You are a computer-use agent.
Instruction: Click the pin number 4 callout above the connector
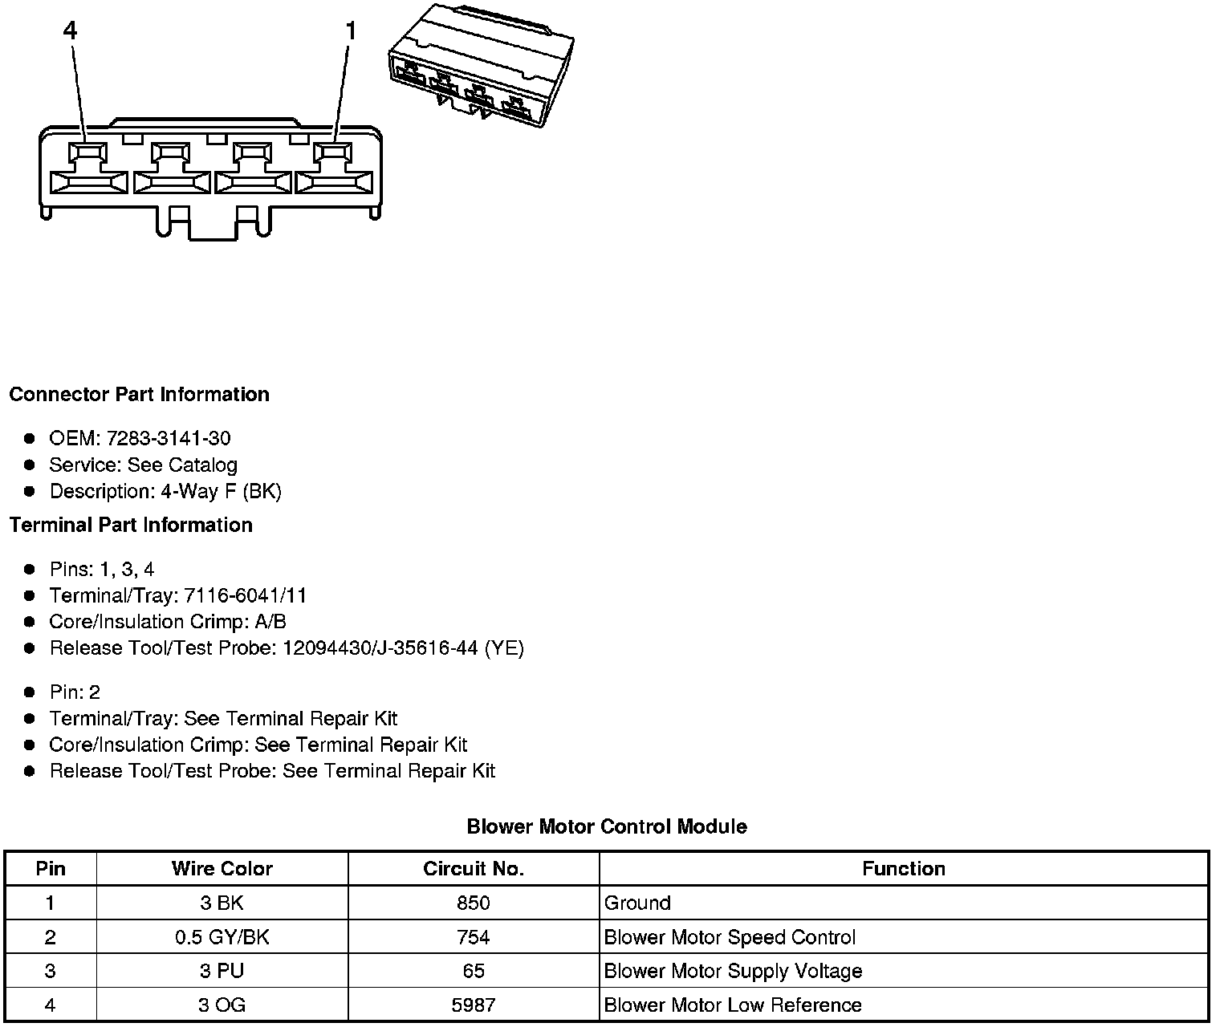click(71, 31)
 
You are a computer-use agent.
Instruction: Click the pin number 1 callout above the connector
click(351, 31)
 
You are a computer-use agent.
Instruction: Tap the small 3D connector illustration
click(481, 65)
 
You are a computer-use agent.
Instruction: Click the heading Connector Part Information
click(139, 395)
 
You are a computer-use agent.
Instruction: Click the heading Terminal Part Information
click(131, 526)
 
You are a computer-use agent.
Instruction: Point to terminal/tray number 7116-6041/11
click(245, 596)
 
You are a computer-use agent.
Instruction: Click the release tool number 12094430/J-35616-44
click(381, 648)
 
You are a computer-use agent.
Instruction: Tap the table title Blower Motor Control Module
click(607, 827)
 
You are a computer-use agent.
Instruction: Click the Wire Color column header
click(222, 869)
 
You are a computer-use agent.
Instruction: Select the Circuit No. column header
click(474, 869)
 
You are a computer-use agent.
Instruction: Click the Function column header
click(904, 869)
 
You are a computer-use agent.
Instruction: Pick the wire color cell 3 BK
click(222, 903)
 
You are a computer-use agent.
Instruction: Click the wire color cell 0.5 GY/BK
click(222, 938)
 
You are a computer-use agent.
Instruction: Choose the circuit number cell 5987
click(474, 1005)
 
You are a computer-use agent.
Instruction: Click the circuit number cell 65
click(474, 972)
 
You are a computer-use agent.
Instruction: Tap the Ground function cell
click(637, 903)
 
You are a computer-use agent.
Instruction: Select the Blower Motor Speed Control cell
click(730, 938)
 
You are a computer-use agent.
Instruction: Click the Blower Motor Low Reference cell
click(733, 1005)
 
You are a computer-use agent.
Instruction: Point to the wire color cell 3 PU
click(222, 972)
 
